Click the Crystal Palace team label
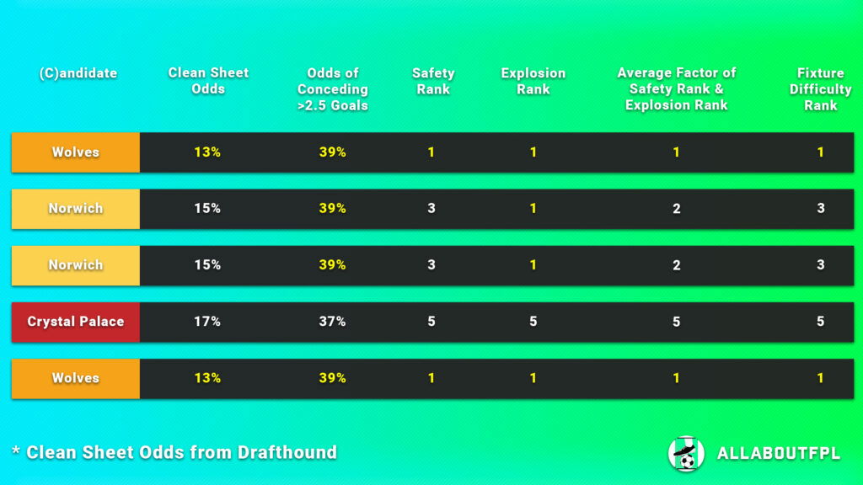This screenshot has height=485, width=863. pyautogui.click(x=76, y=322)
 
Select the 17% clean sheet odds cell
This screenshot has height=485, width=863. pyautogui.click(x=206, y=322)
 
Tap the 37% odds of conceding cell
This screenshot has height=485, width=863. pyautogui.click(x=332, y=322)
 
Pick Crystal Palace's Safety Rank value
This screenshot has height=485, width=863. pyautogui.click(x=431, y=322)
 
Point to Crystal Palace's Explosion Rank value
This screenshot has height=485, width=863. pyautogui.click(x=533, y=322)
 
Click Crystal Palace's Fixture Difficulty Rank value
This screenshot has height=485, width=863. pyautogui.click(x=820, y=322)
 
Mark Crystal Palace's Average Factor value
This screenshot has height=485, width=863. pyautogui.click(x=676, y=322)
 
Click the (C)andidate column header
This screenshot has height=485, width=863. pyautogui.click(x=78, y=73)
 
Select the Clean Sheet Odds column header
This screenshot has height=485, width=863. pyautogui.click(x=208, y=81)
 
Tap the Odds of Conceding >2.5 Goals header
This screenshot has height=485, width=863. pyautogui.click(x=332, y=89)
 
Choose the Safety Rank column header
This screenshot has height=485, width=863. pyautogui.click(x=433, y=81)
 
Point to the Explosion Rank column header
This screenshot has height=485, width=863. pyautogui.click(x=533, y=81)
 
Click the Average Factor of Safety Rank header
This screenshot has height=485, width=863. pyautogui.click(x=676, y=89)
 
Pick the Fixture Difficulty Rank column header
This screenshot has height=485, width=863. pyautogui.click(x=820, y=89)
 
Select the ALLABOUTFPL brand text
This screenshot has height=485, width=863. pyautogui.click(x=778, y=454)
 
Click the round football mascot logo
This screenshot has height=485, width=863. pyautogui.click(x=686, y=454)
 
